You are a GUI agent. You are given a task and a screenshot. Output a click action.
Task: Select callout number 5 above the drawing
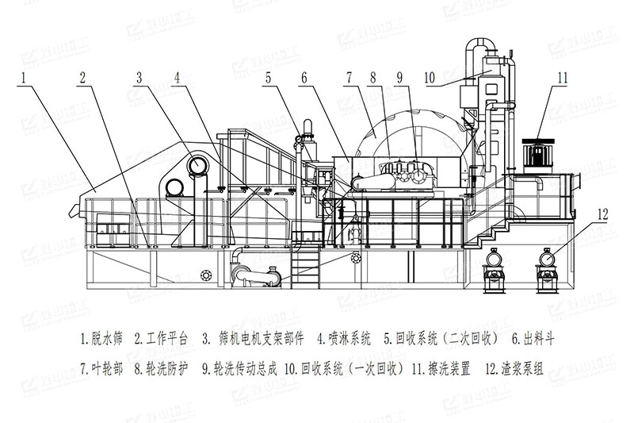coord(269,78)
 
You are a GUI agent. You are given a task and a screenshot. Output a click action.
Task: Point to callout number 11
coord(562,78)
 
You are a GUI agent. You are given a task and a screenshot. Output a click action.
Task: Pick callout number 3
coord(139,78)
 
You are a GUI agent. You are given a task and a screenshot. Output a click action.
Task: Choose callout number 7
coord(348,78)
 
